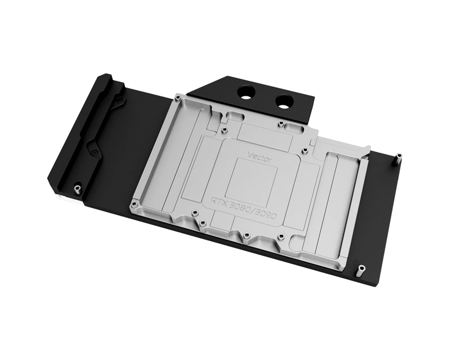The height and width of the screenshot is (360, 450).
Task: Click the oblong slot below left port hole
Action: (234, 116)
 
